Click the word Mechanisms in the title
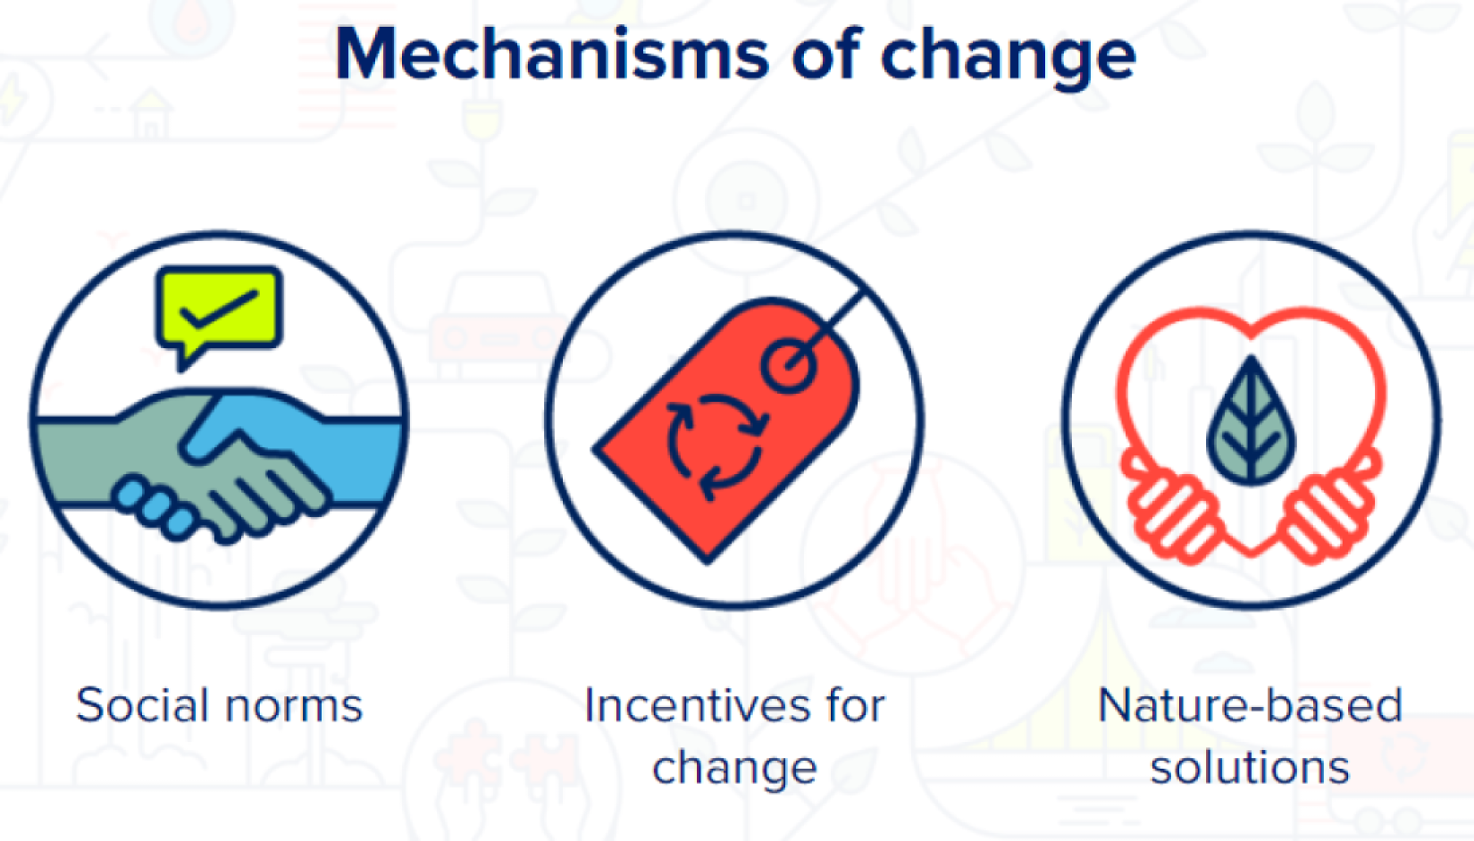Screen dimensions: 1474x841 pos(551,54)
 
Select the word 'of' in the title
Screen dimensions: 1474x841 pos(825,53)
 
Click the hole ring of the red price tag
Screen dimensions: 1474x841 pos(788,366)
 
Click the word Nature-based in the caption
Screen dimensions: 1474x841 pos(1251,705)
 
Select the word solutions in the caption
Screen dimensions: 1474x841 pos(1251,767)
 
